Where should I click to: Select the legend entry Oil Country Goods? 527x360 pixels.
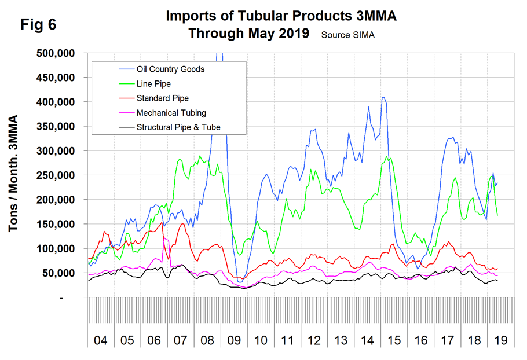pos(170,69)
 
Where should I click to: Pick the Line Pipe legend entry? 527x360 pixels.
pos(153,83)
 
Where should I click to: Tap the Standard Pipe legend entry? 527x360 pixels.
pos(162,98)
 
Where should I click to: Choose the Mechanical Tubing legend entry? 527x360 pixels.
pos(171,112)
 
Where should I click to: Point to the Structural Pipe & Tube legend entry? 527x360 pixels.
pos(178,127)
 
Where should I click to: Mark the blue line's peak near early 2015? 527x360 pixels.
pos(383,98)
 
